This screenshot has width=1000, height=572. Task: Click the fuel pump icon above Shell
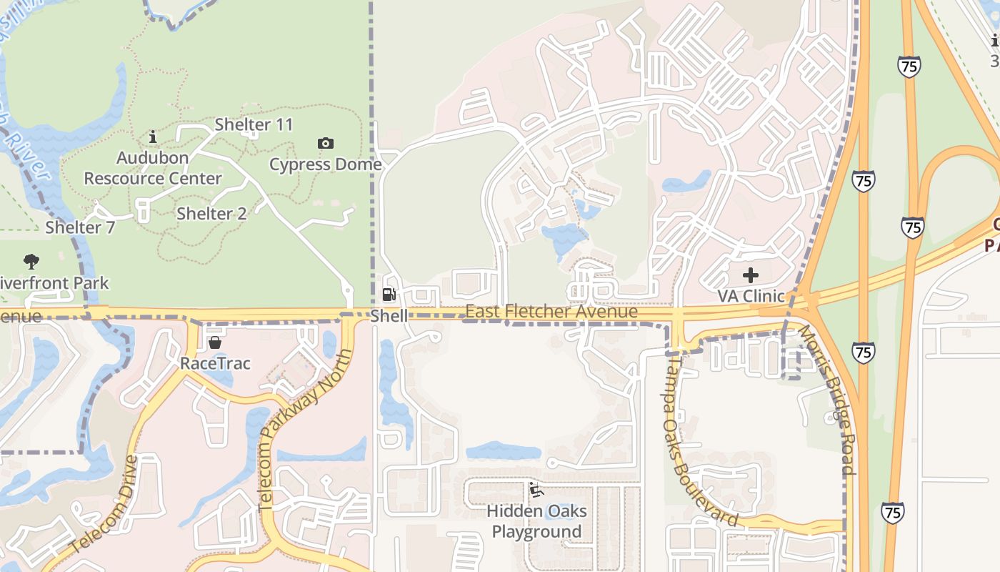(389, 295)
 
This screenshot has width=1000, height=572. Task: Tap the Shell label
(389, 315)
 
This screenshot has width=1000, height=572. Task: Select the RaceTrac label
(215, 363)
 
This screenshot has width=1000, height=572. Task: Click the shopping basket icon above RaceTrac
(214, 342)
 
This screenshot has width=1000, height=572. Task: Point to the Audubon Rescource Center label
(153, 168)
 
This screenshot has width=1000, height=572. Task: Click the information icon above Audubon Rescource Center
(152, 137)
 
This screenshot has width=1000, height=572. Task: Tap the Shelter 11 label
(254, 124)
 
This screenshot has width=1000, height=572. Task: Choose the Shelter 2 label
(211, 213)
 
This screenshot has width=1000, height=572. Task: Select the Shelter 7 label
(80, 227)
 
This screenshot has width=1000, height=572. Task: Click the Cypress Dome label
(325, 164)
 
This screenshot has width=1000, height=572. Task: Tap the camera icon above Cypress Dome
(325, 144)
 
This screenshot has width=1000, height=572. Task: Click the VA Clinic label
(751, 295)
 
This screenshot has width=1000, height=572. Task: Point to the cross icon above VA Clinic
(750, 275)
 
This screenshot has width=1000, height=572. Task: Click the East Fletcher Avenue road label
(551, 312)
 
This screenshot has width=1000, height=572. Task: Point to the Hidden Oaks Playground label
(536, 521)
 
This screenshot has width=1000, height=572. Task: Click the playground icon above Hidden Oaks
(536, 490)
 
